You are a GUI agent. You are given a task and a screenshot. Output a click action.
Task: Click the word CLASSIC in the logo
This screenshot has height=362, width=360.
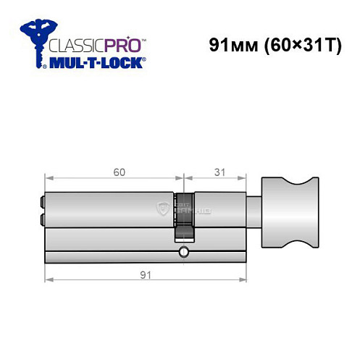[x=73, y=43]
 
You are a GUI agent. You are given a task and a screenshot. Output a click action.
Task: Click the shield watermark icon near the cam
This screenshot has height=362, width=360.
[x=163, y=210]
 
